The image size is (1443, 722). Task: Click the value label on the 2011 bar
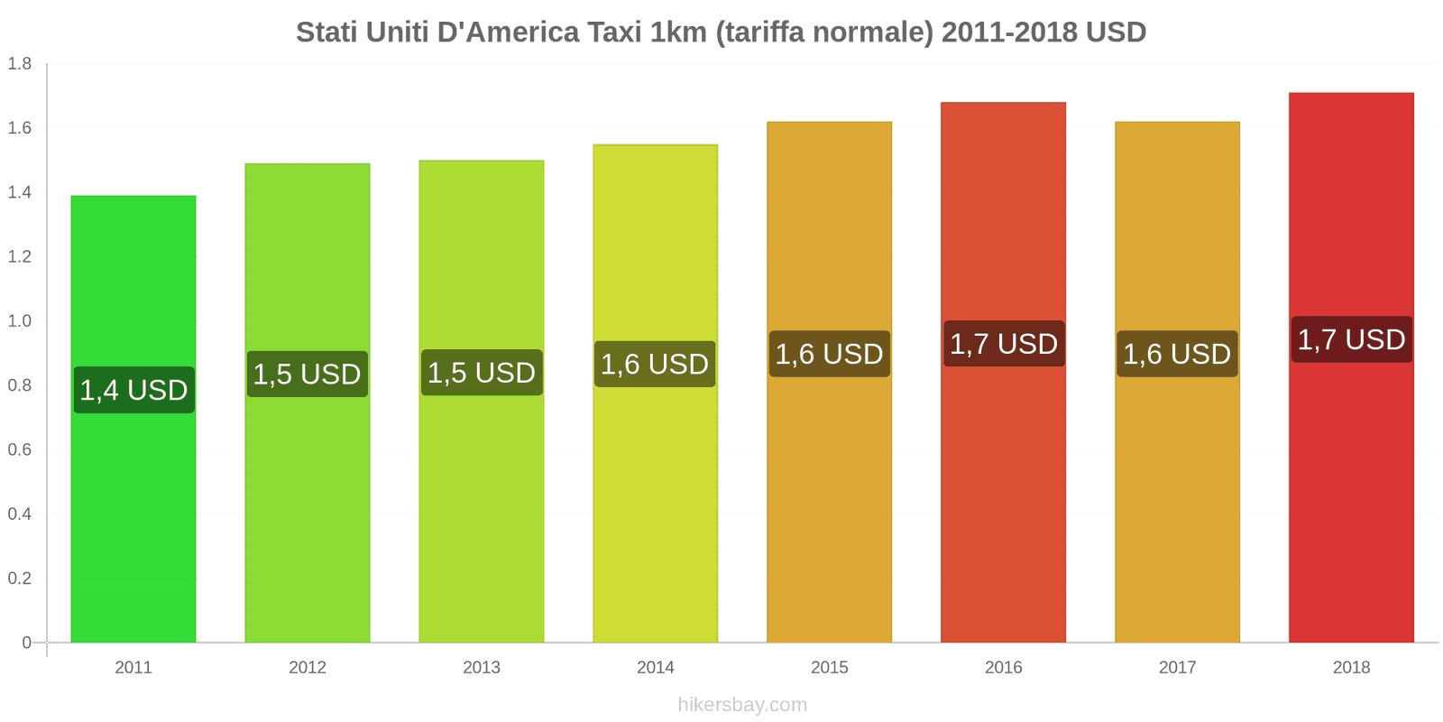(133, 390)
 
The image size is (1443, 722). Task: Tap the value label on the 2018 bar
(1351, 339)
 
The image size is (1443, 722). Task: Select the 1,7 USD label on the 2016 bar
(1003, 344)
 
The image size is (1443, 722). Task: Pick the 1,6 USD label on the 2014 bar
(655, 364)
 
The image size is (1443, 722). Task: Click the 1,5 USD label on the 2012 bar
(307, 374)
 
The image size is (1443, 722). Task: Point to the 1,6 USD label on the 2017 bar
(1176, 354)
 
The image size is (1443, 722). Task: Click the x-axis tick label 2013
(481, 667)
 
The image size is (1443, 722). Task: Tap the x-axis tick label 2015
(829, 667)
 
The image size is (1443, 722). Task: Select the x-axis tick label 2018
(1351, 667)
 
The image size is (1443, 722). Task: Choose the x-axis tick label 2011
(133, 667)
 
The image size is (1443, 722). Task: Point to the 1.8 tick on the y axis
(20, 63)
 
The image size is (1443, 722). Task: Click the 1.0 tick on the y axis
(20, 320)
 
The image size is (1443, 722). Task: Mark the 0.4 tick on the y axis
(20, 514)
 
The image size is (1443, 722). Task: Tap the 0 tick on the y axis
(26, 643)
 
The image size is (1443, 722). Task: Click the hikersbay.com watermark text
(742, 705)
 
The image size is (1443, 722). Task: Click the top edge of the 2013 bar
(481, 162)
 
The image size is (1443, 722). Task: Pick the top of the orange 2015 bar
(829, 123)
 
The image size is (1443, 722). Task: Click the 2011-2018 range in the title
(1009, 32)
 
